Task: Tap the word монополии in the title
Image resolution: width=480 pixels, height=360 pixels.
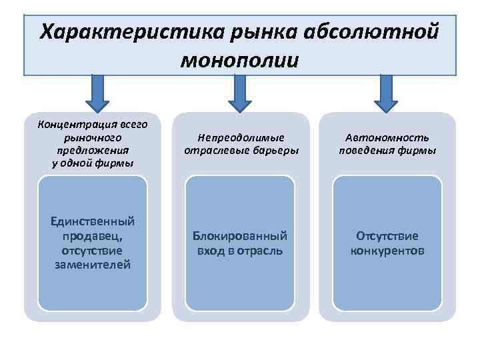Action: [x=239, y=59]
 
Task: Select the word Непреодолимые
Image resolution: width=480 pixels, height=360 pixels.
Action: [x=241, y=137]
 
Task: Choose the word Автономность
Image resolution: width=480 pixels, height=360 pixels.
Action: [x=387, y=137]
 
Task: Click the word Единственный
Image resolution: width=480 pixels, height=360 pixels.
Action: [x=93, y=221]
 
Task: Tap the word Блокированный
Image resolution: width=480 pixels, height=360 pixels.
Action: [x=240, y=236]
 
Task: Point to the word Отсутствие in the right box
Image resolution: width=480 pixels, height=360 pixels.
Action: [x=387, y=236]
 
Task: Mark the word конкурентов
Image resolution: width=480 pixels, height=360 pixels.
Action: [x=387, y=251]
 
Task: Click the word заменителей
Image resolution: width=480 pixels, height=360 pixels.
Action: [x=93, y=265]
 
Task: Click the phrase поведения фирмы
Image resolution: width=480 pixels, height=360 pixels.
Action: [x=387, y=151]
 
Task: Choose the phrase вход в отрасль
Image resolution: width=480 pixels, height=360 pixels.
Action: [x=240, y=251]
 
